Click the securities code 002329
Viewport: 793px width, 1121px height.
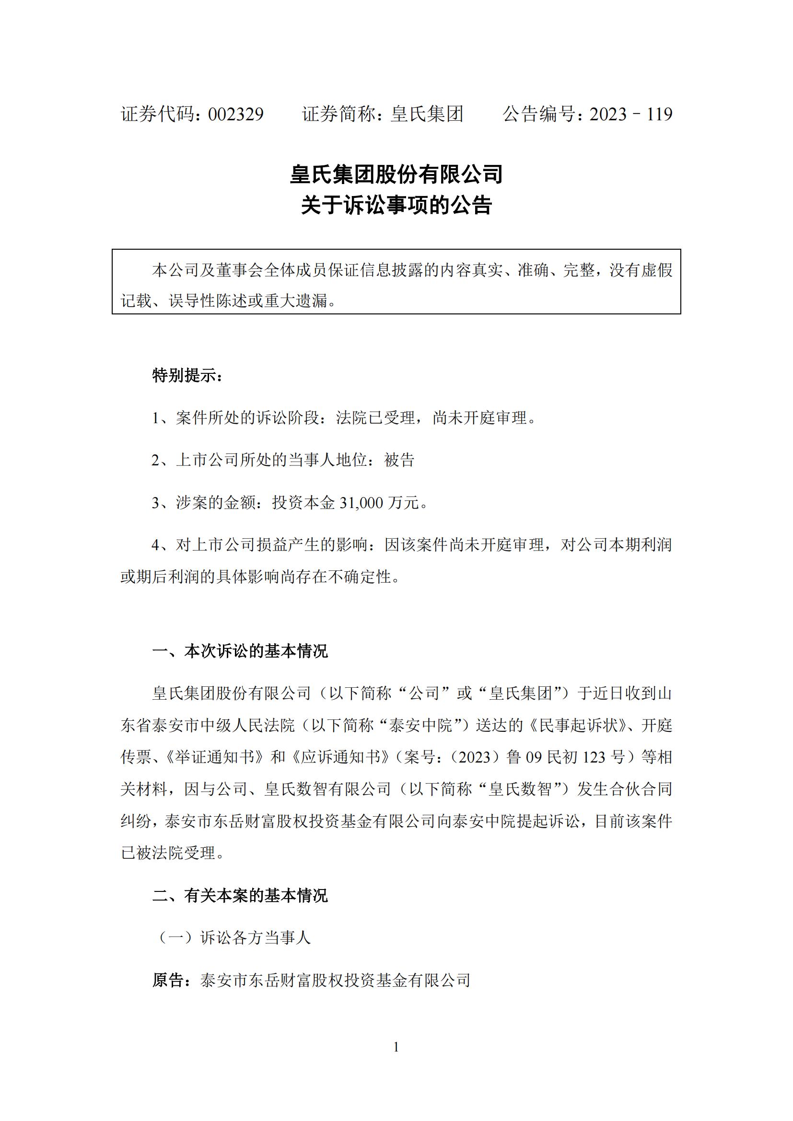coord(236,115)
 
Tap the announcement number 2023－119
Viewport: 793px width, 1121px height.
coord(631,115)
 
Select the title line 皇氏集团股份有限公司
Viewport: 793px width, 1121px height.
coord(396,174)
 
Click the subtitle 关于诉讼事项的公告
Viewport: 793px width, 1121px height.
coord(396,206)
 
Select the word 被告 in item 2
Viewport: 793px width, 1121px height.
coord(399,460)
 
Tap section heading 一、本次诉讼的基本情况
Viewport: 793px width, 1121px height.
coord(240,651)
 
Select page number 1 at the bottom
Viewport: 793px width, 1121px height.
coord(396,1047)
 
